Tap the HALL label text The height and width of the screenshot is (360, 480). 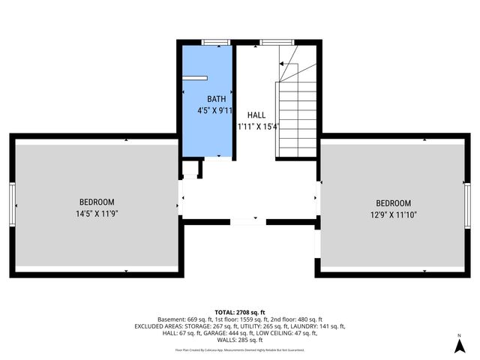(256, 115)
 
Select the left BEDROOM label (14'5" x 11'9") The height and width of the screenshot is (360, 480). (97, 202)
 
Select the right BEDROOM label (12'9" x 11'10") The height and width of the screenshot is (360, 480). (393, 203)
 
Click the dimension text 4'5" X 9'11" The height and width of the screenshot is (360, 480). (211, 111)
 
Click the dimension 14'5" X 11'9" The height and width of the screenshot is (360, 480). (97, 214)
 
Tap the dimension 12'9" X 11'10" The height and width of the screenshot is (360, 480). (393, 215)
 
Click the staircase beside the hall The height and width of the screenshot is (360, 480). (297, 112)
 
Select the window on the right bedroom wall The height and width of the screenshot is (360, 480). (467, 204)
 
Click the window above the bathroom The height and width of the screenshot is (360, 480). (214, 43)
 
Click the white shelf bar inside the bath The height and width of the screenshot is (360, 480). (196, 77)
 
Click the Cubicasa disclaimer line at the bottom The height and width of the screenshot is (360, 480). (239, 349)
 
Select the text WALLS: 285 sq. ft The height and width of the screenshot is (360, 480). (239, 340)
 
